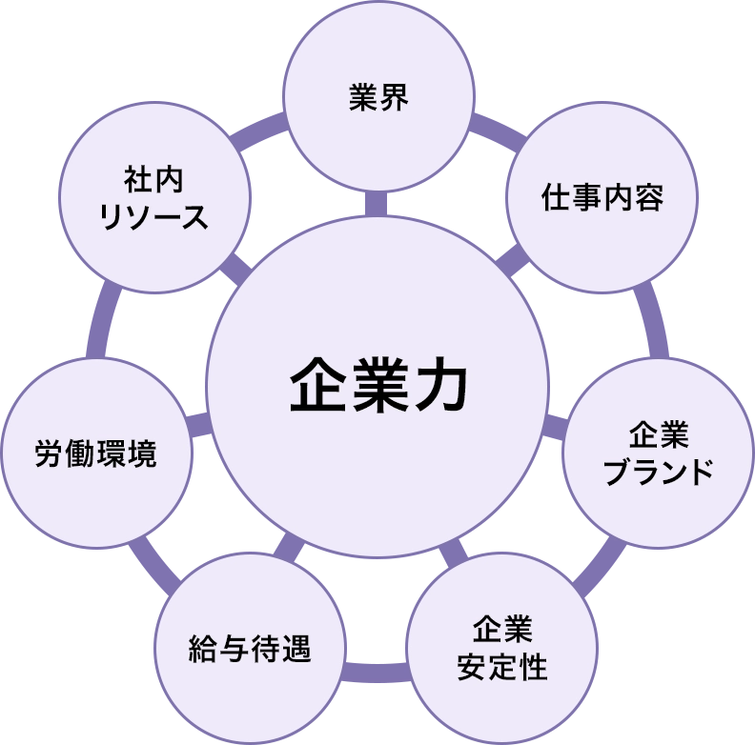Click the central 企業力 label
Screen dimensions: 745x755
[378, 386]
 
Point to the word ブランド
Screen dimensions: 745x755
[659, 471]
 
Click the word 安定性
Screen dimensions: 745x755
[502, 666]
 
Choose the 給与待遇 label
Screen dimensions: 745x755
[250, 652]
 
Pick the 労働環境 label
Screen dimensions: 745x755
[95, 453]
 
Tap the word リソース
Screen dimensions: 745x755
[153, 217]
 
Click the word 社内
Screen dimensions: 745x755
[153, 179]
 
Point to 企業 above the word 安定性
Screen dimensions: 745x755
[502, 630]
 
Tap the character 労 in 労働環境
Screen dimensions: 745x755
[50, 453]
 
